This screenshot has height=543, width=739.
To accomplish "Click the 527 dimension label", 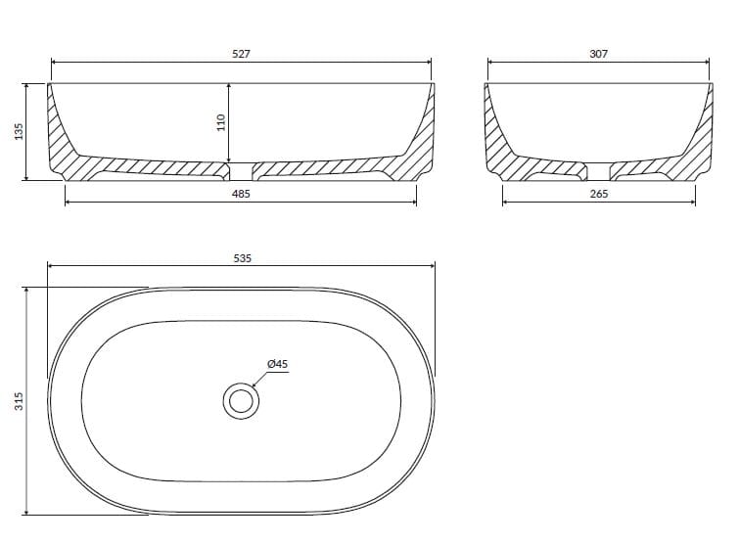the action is click(241, 54).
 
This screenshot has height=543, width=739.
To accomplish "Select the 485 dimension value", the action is click(241, 194).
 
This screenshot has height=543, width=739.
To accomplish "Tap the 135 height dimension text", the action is click(19, 131).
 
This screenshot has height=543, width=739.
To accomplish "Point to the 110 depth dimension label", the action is click(220, 122).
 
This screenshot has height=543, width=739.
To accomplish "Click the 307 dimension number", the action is click(599, 54).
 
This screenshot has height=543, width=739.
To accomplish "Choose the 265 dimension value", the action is click(599, 194).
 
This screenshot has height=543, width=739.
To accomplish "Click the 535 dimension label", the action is click(242, 258).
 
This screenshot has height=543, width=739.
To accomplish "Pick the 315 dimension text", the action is click(19, 401).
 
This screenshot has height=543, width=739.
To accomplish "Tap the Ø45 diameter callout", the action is click(277, 364).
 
